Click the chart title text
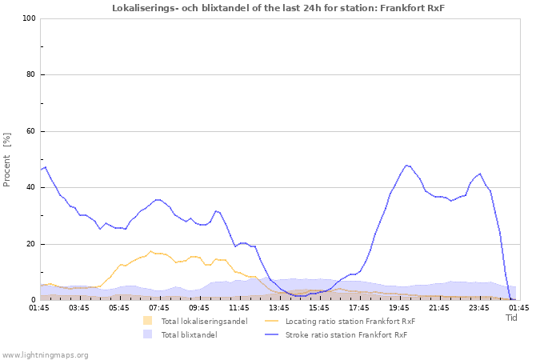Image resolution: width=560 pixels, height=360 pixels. (278, 8)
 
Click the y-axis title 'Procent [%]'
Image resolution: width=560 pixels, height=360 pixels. (7, 159)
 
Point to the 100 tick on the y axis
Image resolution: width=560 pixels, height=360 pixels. (29, 18)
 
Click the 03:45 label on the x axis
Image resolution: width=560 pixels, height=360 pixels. (79, 307)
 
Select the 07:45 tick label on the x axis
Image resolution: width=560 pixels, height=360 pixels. (159, 307)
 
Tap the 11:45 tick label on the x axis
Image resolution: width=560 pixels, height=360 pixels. (239, 307)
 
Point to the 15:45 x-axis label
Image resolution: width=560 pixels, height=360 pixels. (319, 307)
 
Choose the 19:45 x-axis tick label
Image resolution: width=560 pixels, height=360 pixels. (399, 307)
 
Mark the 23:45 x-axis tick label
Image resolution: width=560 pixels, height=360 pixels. (479, 307)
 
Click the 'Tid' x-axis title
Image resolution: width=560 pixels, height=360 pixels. (512, 318)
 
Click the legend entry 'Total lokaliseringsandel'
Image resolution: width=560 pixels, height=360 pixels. (204, 322)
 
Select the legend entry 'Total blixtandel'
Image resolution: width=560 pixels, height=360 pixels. (189, 335)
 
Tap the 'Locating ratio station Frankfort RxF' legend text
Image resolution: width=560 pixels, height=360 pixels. (350, 322)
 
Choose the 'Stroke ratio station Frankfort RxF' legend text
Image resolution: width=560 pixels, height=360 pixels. (346, 335)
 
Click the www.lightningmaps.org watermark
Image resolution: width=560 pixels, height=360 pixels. (45, 354)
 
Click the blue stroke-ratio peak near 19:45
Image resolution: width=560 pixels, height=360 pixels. (407, 166)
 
